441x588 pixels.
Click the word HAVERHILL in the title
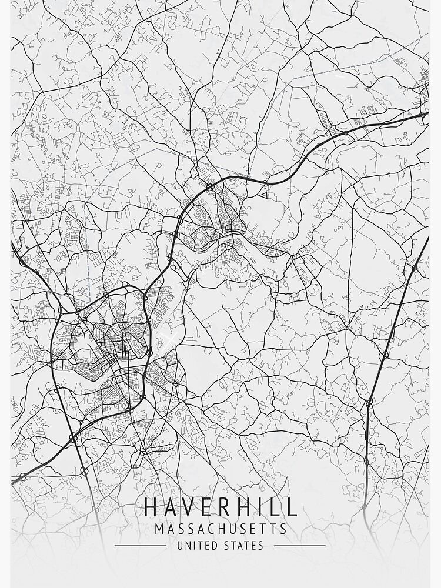pos(220,507)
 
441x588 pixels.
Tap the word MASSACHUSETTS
pos(220,529)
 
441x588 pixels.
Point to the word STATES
pos(242,546)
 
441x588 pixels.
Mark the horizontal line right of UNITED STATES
pos(299,546)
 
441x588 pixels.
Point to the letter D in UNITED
pos(215,546)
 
